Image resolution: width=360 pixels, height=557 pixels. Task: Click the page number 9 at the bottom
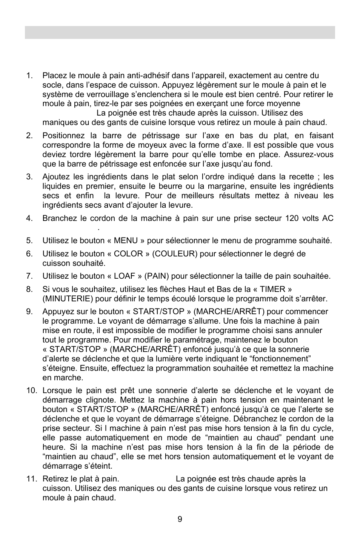click(x=180, y=519)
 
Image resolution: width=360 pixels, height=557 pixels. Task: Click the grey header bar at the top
click(x=180, y=32)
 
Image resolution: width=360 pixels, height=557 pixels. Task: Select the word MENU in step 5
click(x=126, y=241)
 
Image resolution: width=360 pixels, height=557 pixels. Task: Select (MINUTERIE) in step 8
click(x=68, y=299)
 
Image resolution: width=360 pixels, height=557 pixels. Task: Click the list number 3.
click(x=29, y=177)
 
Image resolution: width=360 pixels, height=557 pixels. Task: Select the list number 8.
click(x=29, y=289)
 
